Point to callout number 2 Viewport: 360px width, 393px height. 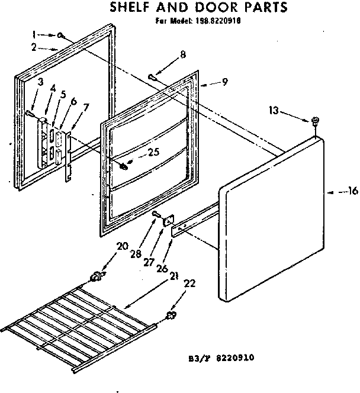click(x=35, y=47)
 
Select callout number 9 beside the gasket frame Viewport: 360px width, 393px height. click(x=224, y=82)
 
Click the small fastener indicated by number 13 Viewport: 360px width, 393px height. click(x=315, y=121)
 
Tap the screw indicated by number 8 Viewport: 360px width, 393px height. click(x=153, y=76)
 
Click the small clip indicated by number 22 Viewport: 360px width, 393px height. click(x=171, y=315)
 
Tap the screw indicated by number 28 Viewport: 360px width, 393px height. click(x=156, y=214)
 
